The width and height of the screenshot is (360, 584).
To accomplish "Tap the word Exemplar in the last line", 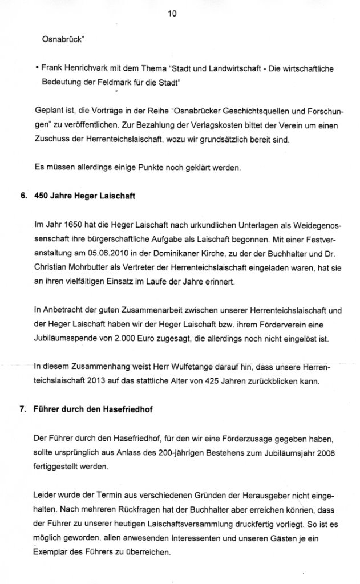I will tap(54, 552).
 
